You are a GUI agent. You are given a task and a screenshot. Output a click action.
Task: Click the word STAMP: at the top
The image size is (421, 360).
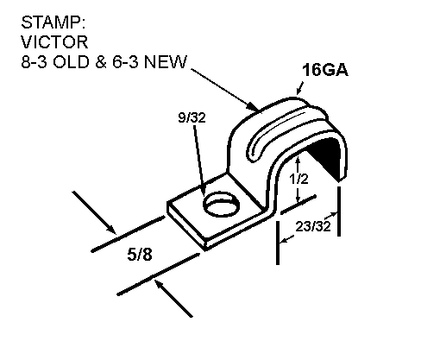point(53,22)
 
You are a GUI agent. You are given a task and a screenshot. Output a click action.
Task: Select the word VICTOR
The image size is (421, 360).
point(54,42)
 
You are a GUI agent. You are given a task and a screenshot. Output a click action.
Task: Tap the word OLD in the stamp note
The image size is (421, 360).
point(71,61)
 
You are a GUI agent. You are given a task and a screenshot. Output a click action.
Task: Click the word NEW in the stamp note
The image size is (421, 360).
point(166,61)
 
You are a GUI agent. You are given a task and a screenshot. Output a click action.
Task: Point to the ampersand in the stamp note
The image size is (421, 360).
point(101,61)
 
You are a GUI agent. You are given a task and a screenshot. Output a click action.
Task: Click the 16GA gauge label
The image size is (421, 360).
point(325,70)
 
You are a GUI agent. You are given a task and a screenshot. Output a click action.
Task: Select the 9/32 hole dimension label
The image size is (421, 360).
point(192,117)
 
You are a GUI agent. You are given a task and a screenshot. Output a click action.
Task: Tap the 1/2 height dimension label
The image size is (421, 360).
point(298,179)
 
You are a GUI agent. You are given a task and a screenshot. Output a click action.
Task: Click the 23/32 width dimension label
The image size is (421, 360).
point(313,226)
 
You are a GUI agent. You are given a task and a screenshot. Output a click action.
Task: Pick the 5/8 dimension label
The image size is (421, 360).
point(140,255)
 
